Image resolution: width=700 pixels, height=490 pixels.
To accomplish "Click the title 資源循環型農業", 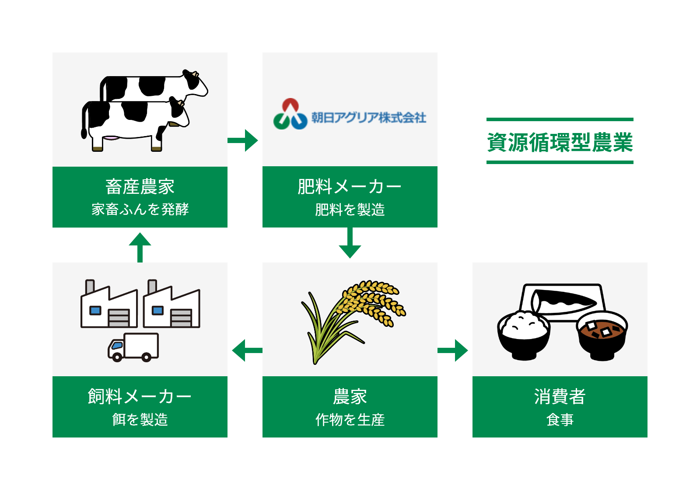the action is tap(560, 142).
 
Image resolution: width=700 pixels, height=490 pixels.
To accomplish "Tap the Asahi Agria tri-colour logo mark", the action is tap(290, 114).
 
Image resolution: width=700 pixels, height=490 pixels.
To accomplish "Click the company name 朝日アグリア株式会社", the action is tap(369, 118).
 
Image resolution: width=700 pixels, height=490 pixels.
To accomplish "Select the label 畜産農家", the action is tap(140, 186).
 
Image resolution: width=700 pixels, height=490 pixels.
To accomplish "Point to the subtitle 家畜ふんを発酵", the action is tap(140, 209).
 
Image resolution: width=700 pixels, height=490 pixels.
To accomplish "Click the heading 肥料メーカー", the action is tap(350, 186).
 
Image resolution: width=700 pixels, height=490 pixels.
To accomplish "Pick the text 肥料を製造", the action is tap(350, 210).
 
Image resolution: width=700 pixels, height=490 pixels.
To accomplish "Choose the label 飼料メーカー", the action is tap(140, 396).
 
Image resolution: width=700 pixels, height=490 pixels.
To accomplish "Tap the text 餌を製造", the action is tap(140, 420).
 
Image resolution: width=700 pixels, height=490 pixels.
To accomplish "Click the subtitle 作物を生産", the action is tap(350, 420).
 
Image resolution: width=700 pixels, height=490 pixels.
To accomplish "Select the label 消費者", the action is tap(560, 396).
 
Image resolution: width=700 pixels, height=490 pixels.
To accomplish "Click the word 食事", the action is tap(560, 420).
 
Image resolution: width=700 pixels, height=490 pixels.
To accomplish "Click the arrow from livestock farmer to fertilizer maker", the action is tap(243, 140).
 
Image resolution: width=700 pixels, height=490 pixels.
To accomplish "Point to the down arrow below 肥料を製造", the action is tap(350, 243).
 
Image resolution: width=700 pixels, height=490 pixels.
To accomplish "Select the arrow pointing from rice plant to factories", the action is tap(247, 350).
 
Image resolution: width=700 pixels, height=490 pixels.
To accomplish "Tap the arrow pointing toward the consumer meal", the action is tap(453, 350).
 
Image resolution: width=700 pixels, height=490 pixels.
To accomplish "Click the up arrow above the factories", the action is tap(140, 247).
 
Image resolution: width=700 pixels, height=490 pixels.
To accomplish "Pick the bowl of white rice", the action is tap(524, 336).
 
